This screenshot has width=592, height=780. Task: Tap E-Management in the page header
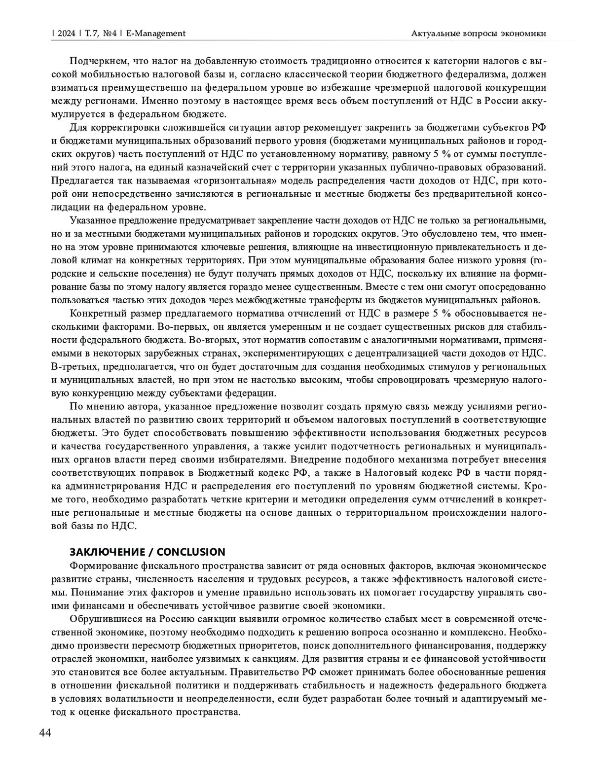[156, 33]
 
